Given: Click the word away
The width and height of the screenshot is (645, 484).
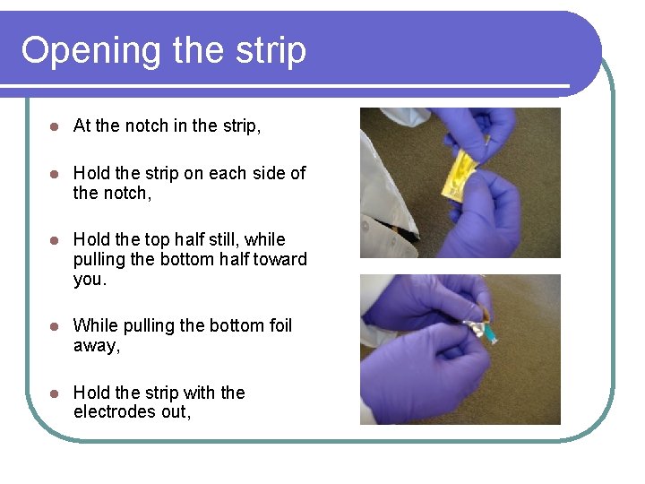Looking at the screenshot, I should coord(95,346).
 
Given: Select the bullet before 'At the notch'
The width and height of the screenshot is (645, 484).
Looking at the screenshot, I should coord(54,126).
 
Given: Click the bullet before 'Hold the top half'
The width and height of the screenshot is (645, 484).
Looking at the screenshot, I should coord(54,240).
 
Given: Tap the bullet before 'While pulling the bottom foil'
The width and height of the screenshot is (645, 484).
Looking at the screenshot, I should coord(54,326).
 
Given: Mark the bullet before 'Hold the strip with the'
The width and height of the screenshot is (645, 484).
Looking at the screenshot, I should coord(54,393).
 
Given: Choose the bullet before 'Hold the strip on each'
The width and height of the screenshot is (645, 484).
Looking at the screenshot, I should coord(54,174).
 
